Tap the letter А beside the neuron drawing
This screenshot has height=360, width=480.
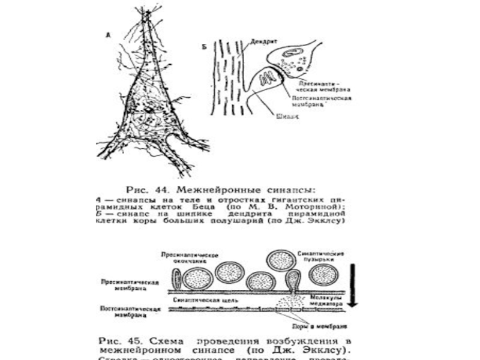click(107, 35)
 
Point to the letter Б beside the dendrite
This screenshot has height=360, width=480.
click(205, 46)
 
